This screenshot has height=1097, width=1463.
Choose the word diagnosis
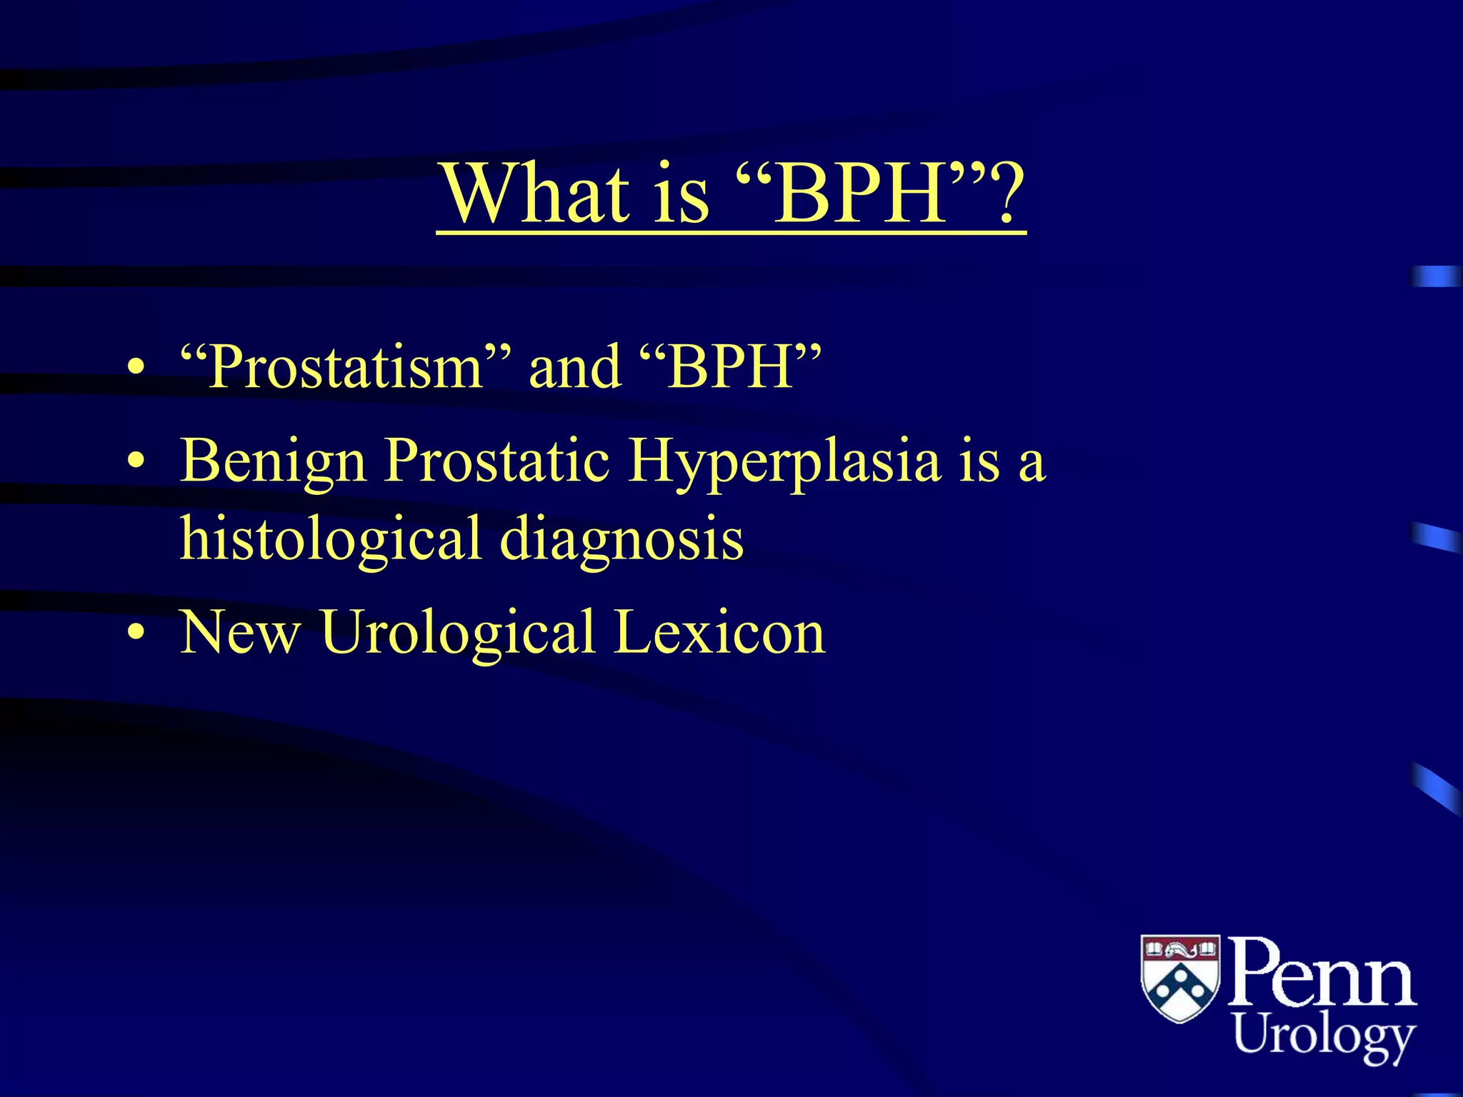click(x=621, y=539)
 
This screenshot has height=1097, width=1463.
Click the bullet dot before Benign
click(x=136, y=463)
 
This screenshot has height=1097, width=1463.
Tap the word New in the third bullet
click(x=239, y=633)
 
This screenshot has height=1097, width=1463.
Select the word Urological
click(x=457, y=633)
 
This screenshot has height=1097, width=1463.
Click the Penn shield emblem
click(x=1180, y=978)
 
